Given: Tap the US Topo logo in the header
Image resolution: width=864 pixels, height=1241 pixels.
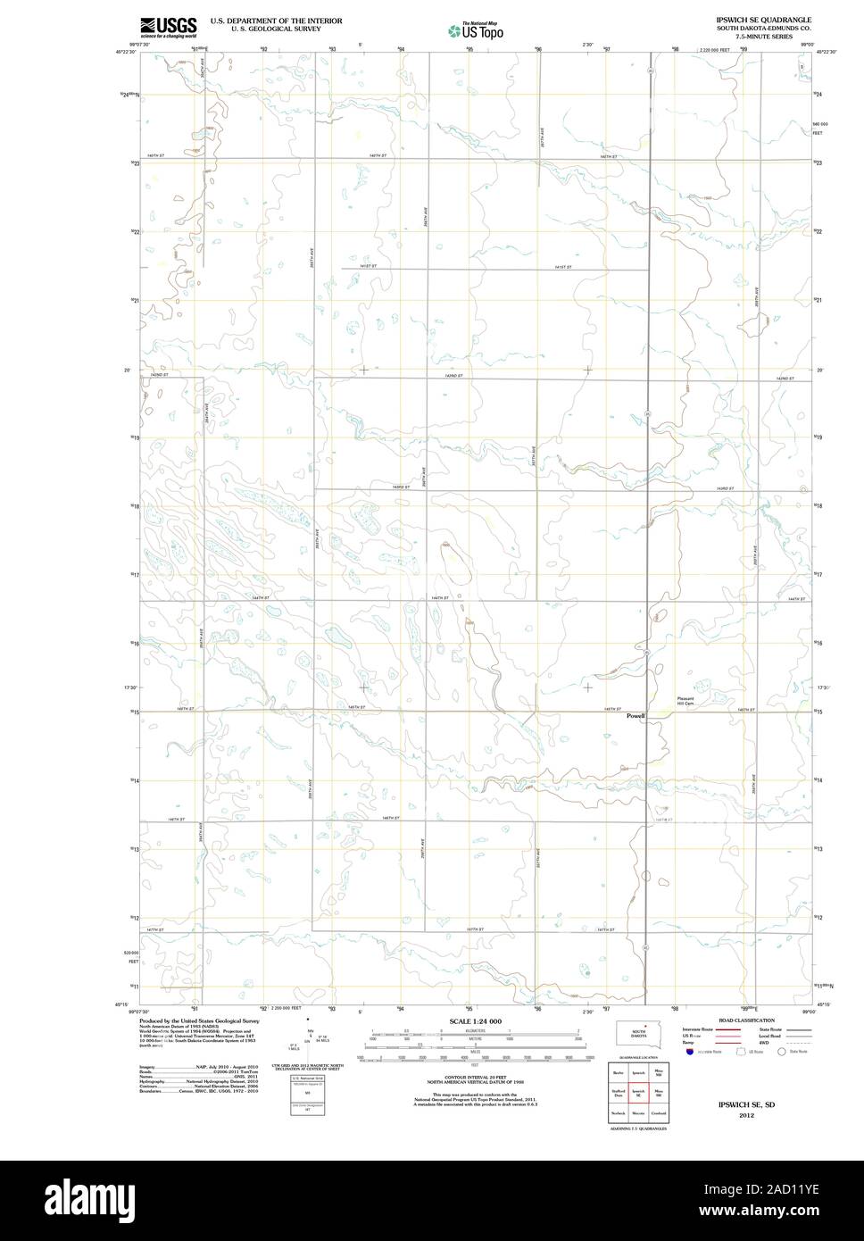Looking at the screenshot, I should (x=477, y=31).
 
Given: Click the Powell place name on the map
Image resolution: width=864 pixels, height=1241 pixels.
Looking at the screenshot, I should (x=635, y=716).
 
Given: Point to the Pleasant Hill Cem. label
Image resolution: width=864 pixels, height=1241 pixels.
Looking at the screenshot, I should (x=685, y=701).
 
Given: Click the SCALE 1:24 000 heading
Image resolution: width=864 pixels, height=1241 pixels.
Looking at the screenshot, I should (x=475, y=1020).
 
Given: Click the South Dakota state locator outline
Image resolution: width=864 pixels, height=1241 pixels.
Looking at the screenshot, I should (x=638, y=1034).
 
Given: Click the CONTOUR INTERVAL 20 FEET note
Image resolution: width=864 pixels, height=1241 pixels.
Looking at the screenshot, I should (x=475, y=1078).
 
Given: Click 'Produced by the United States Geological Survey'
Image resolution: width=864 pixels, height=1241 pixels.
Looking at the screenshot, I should (x=199, y=1020).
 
